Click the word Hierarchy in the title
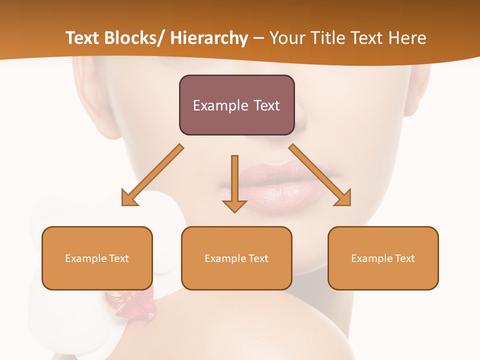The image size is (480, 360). click(x=209, y=38)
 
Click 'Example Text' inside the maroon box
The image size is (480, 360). click(x=236, y=105)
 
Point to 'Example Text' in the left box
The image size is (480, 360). click(x=97, y=258)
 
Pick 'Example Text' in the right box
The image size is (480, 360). click(x=383, y=258)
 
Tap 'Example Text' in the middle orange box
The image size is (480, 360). click(x=236, y=258)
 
